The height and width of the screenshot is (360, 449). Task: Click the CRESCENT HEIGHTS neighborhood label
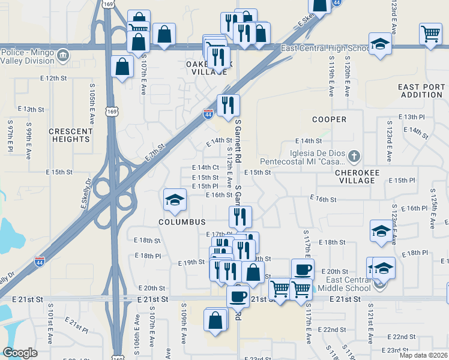[69, 135]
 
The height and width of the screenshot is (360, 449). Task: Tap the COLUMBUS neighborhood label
[182, 222]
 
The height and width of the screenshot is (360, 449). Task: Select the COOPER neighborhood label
[329, 119]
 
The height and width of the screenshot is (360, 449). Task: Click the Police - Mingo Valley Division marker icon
[64, 56]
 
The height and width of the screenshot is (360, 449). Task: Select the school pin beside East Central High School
[379, 44]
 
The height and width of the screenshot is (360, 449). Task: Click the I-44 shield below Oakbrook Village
[208, 114]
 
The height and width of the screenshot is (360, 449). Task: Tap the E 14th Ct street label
[205, 167]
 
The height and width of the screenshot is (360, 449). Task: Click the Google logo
[20, 353]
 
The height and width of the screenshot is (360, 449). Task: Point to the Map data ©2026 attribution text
[422, 355]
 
